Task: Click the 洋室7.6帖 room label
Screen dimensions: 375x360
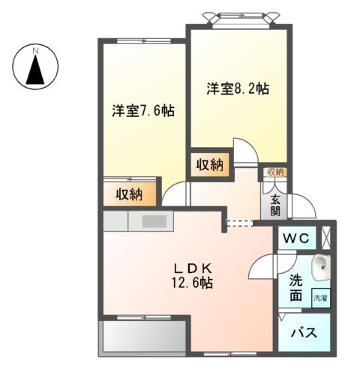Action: (143, 111)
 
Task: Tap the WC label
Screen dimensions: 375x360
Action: (298, 238)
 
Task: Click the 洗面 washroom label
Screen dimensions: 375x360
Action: (297, 289)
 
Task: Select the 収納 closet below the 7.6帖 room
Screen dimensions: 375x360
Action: (129, 195)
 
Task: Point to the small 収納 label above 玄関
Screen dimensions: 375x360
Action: (274, 172)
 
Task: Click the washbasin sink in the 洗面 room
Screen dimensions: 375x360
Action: (322, 265)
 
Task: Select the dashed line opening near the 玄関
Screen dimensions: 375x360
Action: (240, 222)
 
